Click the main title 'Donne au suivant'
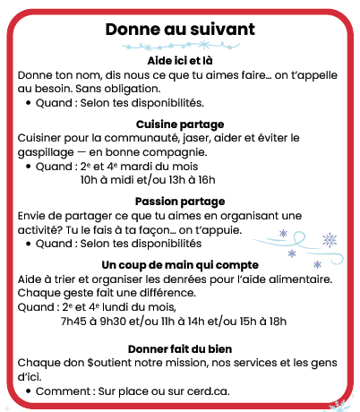[179, 30]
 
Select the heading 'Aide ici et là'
[179, 60]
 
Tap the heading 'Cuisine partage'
[179, 124]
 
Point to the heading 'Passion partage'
[179, 201]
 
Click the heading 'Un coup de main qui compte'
[179, 265]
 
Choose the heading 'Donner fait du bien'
[179, 348]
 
